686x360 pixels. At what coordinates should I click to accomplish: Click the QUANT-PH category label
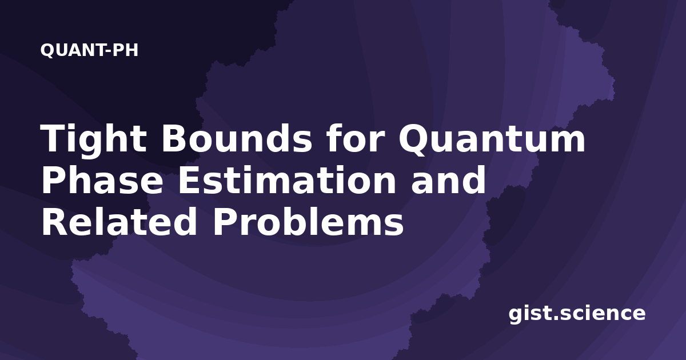coord(89,50)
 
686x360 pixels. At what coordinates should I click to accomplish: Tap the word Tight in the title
coord(93,139)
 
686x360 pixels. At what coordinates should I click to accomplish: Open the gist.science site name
coord(577,314)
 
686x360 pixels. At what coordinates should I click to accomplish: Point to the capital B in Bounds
coord(174,138)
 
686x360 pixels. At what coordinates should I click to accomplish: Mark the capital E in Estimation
coord(189,179)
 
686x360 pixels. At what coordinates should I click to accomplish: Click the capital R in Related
coord(54,221)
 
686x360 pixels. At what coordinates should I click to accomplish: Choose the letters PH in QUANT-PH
coord(126,50)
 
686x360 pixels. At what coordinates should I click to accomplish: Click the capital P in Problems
coord(225,221)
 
